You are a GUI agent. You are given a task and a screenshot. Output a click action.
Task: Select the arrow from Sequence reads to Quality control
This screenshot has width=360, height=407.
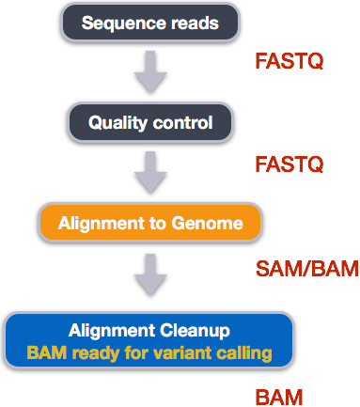coord(149,71)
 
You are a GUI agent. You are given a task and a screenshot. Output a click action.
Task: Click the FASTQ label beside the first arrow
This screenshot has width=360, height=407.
coord(290,62)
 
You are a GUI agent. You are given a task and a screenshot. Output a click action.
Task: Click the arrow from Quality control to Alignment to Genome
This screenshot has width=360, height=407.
coord(149,172)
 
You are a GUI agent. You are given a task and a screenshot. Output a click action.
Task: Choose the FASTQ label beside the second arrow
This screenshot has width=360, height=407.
coord(290,164)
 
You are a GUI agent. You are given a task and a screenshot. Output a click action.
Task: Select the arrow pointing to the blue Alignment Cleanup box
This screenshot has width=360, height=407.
coord(149,274)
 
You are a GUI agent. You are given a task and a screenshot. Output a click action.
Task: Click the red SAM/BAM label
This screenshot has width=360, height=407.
coord(306,269)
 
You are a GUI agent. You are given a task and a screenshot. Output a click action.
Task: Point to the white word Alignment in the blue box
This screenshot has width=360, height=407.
coord(110,331)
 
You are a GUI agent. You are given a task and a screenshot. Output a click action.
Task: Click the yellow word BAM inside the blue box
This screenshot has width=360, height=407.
coord(45,353)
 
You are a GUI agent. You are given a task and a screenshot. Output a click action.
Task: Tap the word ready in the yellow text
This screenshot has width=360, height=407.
coord(91,354)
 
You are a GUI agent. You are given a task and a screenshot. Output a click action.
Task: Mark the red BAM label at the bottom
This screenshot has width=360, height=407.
coord(278,397)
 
